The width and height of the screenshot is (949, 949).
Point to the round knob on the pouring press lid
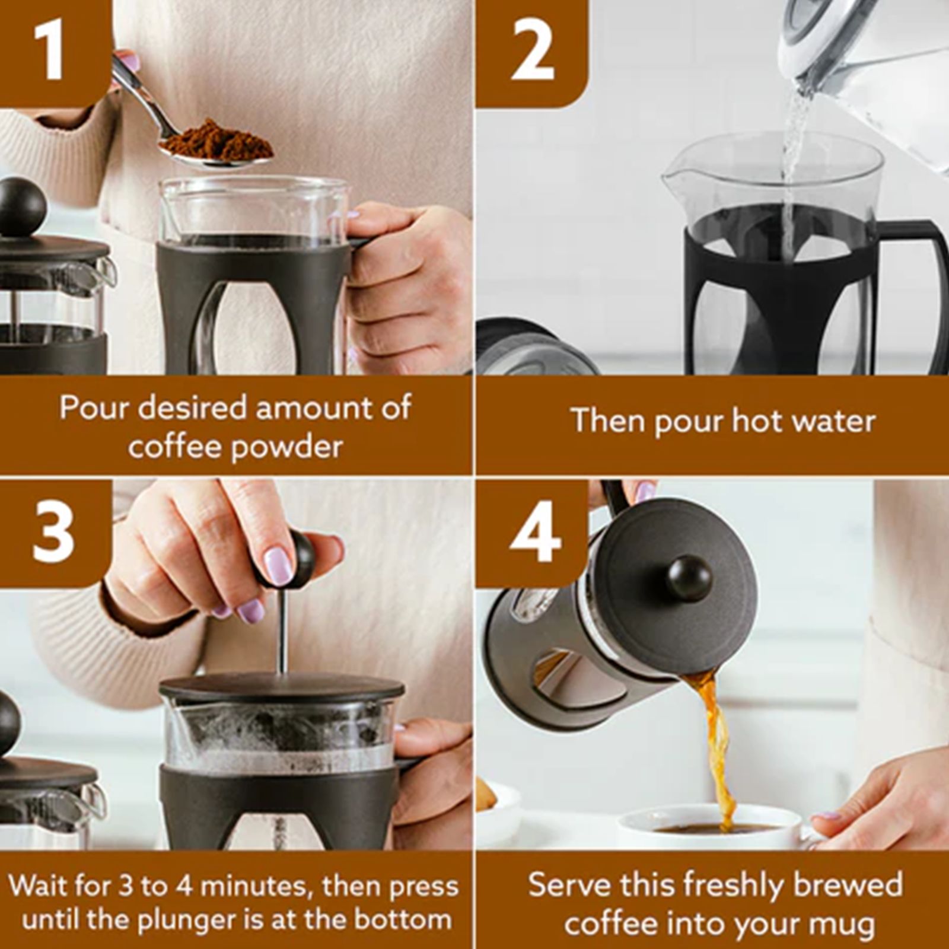[689, 578]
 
